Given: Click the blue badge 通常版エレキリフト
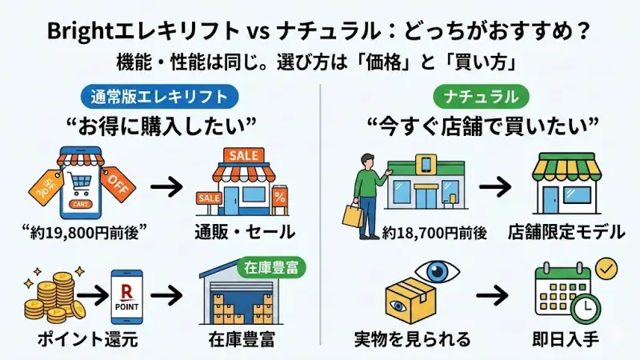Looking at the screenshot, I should point(159,97).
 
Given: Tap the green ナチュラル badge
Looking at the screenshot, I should point(481,97).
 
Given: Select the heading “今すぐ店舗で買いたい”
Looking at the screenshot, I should point(482,126).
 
